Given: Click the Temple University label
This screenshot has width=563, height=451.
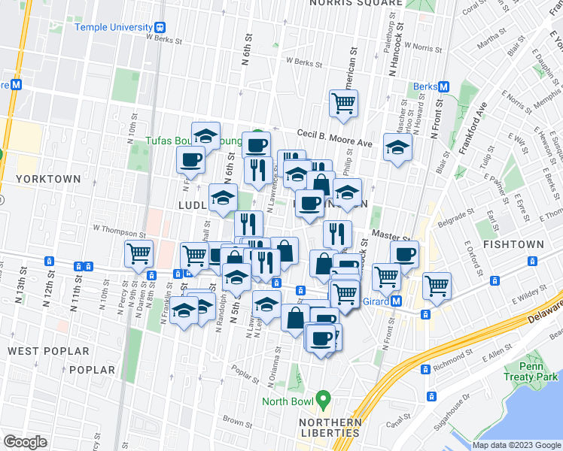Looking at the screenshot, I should [114, 27].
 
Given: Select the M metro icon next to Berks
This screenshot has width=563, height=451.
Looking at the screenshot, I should [443, 86].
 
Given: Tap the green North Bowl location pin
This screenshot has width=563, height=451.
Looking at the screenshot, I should [324, 396].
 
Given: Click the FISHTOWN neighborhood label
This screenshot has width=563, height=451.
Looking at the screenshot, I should [510, 245].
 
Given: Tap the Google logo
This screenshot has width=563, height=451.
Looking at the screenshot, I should [25, 442].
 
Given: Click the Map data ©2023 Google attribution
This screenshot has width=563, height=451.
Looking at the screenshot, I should [516, 445].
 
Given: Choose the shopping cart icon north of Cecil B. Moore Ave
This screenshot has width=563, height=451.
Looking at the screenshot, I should [344, 103].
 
